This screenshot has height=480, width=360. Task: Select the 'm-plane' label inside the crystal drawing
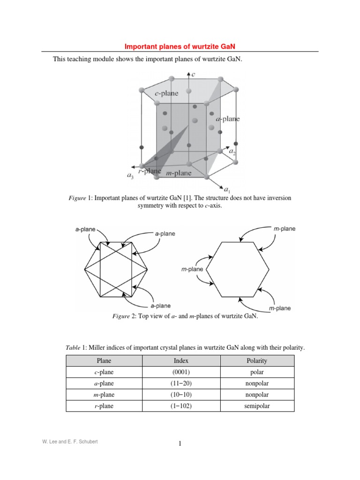[x=179, y=173]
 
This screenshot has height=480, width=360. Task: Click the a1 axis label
[x=227, y=190]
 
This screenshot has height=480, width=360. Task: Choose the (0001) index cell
[x=180, y=372]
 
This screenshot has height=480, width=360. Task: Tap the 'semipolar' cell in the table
[x=257, y=406]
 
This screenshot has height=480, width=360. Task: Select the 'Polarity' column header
[x=257, y=361]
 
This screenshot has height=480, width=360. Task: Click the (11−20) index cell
[x=180, y=383]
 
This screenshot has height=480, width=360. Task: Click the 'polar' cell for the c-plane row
[x=257, y=372]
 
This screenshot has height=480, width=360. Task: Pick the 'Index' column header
[x=180, y=361]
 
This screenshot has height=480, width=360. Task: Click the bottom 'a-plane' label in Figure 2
[x=160, y=306]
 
